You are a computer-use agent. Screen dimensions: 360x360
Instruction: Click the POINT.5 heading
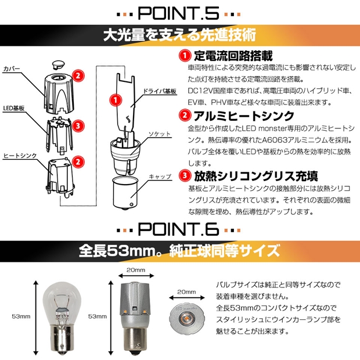click(178, 13)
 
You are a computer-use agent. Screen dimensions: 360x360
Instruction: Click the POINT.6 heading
click(178, 229)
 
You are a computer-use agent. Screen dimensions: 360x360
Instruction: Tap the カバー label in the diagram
click(12, 69)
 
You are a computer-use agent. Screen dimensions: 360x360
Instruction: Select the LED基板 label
click(14, 108)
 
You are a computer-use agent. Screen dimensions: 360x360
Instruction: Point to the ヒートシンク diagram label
click(20, 156)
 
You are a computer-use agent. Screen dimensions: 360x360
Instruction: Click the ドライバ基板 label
click(160, 91)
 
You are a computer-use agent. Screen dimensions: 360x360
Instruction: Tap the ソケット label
click(160, 134)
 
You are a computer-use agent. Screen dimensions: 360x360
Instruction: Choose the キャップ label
click(160, 177)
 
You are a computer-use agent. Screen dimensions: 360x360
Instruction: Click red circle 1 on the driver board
click(116, 100)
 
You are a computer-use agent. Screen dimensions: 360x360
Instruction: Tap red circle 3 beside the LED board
click(78, 126)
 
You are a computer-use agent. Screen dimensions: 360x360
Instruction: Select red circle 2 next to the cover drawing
click(78, 75)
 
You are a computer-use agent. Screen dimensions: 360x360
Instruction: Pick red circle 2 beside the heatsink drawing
click(78, 161)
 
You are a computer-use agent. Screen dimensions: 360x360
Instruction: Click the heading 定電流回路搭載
click(233, 56)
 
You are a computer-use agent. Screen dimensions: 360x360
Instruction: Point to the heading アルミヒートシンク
click(244, 116)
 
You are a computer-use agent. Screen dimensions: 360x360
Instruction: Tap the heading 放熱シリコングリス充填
click(256, 177)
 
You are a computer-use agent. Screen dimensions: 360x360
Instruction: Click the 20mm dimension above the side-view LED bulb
click(136, 270)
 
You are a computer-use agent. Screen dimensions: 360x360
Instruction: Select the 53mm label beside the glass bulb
click(21, 316)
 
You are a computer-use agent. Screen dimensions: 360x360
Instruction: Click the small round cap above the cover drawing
click(59, 64)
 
